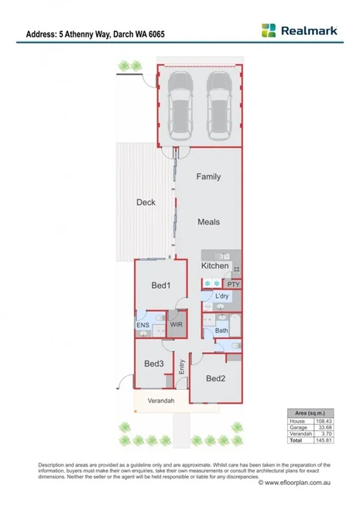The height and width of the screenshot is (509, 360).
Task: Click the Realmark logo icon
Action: [268, 30]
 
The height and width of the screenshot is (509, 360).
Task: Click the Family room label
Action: [207, 176]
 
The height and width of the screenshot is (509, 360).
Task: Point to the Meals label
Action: [207, 222]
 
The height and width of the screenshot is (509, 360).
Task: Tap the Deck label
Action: [146, 203]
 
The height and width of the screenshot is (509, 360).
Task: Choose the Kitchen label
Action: [215, 266]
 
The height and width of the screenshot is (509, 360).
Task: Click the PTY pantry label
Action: [235, 284]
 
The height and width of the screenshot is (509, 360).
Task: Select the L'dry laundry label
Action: [222, 296]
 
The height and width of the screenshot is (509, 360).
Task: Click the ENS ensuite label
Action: [143, 326]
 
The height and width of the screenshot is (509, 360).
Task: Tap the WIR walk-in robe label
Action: [176, 326]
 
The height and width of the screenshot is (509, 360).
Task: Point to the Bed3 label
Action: [153, 364]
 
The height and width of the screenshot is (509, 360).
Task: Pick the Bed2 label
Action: [215, 378]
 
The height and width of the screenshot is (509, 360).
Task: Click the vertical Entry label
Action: [182, 368]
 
